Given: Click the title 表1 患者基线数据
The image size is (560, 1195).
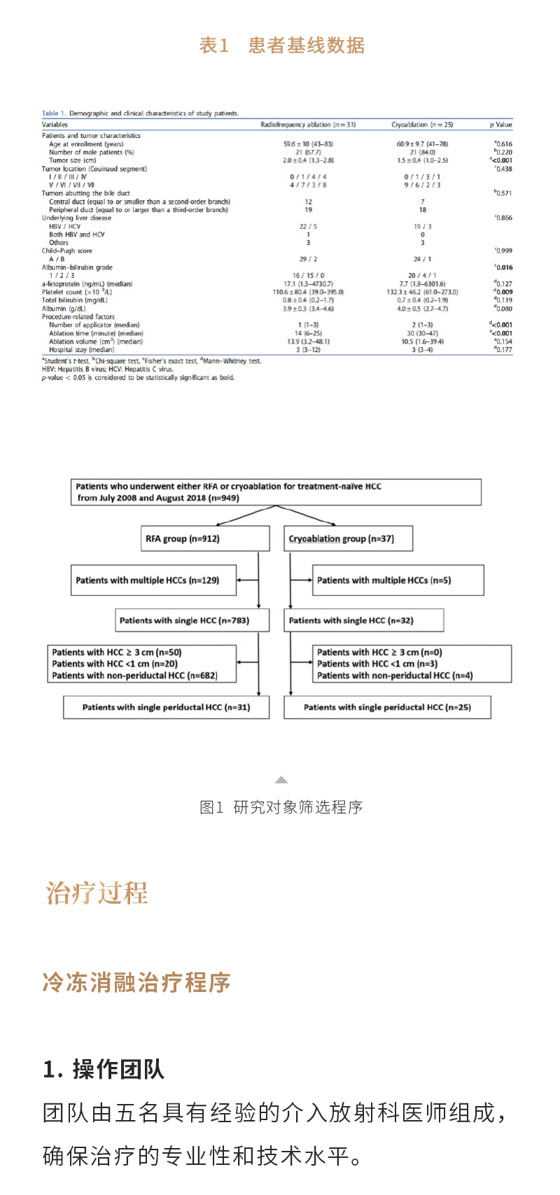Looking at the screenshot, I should pos(281,46).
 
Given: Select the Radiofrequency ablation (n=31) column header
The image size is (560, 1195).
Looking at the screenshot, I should pos(308,125).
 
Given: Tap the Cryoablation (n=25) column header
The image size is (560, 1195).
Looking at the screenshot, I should pos(422,125).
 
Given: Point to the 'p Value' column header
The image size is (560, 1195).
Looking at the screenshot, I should pos(500,125).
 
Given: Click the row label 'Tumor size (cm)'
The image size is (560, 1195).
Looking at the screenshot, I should pos(72,160).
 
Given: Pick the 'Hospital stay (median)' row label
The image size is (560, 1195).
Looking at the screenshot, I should pos(81,349).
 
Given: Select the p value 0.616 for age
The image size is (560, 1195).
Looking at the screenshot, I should pos(503,144).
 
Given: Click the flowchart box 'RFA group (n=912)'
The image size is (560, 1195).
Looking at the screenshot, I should pos(205,538).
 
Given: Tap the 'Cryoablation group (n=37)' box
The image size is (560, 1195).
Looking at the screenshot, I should pos(348,538).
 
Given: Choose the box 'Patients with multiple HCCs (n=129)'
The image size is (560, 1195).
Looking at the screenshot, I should pos(153,580).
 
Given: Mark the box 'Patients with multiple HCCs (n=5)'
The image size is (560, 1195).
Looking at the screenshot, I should pos(398,580).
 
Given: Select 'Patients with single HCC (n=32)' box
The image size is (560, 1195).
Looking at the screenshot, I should pos(363,620).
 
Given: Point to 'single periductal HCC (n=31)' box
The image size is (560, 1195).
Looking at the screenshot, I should pos(167,707).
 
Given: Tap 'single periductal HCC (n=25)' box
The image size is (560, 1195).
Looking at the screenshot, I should pos(387,707).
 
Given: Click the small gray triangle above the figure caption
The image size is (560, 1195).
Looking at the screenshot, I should pos(281,779).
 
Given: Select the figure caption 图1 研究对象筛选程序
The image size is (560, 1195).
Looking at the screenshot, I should pos(281,807).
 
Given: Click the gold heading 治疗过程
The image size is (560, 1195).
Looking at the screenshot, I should pos(97,893).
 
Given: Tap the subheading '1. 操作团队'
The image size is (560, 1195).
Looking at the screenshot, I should pos(104,1069).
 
